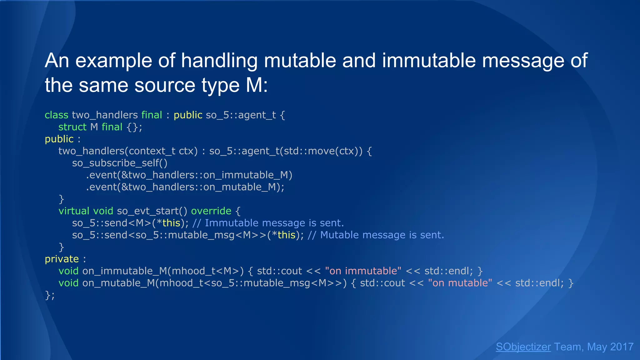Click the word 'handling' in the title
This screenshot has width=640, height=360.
point(219,61)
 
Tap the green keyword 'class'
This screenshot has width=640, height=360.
point(56,115)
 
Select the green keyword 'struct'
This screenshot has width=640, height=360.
point(72,127)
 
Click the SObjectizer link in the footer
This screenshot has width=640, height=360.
point(523,347)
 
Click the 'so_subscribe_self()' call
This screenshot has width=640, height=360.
point(120,163)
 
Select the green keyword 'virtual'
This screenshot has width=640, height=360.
point(74,211)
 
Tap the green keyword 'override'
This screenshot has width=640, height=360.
point(211,211)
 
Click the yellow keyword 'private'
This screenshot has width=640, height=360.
point(62,259)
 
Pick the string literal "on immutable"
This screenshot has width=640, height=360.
point(363,271)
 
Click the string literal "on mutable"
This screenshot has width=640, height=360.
point(460,283)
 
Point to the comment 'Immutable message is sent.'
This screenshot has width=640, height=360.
point(274,223)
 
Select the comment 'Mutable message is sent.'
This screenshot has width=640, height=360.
point(382,235)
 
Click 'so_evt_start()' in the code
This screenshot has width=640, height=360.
point(152,211)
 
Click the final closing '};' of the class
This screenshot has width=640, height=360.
point(49,295)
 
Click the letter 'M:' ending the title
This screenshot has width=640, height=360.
point(257,85)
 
